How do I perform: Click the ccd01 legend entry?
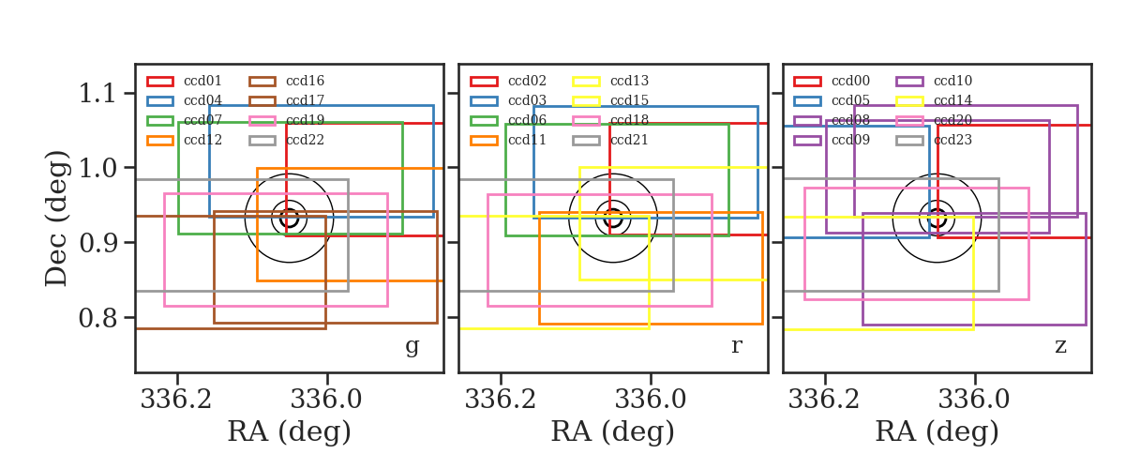[x=184, y=81]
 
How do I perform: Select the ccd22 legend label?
[x=305, y=140]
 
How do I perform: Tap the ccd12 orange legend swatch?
[x=160, y=141]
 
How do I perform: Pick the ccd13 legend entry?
[x=610, y=81]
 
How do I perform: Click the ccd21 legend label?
[x=629, y=140]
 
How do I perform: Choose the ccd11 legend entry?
[x=508, y=140]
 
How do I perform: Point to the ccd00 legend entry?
[x=832, y=81]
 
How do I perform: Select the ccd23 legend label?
[x=952, y=140]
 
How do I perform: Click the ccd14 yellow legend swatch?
[x=909, y=101]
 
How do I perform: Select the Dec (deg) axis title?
[x=56, y=219]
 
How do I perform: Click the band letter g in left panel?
[x=412, y=346]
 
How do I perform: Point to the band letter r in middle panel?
[x=736, y=346]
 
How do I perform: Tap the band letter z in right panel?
[x=1060, y=346]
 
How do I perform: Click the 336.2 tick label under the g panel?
[x=176, y=400]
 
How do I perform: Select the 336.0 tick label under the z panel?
[x=974, y=400]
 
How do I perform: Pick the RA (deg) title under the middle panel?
[x=613, y=431]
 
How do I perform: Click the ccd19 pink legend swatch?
[x=262, y=121]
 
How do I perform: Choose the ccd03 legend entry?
[x=508, y=100]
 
